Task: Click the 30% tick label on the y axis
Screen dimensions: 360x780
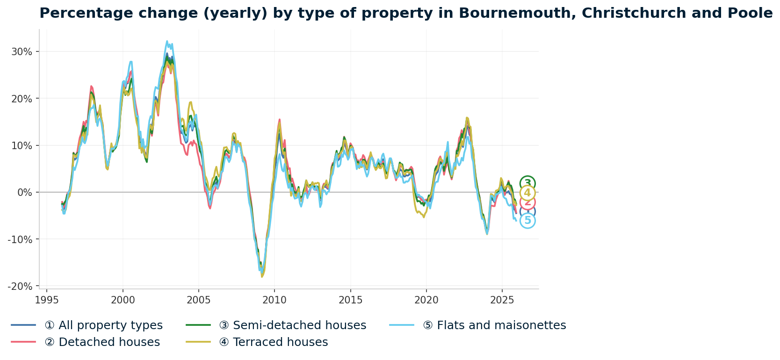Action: (22, 51)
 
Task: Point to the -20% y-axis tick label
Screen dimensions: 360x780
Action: (20, 286)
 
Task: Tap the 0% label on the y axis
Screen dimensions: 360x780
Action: (24, 192)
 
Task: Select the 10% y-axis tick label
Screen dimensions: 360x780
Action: (22, 145)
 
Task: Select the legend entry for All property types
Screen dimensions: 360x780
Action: (103, 325)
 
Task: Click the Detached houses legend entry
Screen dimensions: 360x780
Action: (102, 342)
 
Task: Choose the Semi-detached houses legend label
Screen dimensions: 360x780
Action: (292, 325)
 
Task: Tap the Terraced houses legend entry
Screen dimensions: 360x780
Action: (273, 342)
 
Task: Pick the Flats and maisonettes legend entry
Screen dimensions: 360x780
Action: (494, 325)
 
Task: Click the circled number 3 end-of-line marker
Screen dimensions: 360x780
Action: (527, 183)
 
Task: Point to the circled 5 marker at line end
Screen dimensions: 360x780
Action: (527, 221)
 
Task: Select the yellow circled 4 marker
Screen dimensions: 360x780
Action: (527, 193)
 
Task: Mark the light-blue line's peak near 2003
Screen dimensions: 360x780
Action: (167, 41)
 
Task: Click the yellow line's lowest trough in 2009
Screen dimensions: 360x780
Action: (262, 277)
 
